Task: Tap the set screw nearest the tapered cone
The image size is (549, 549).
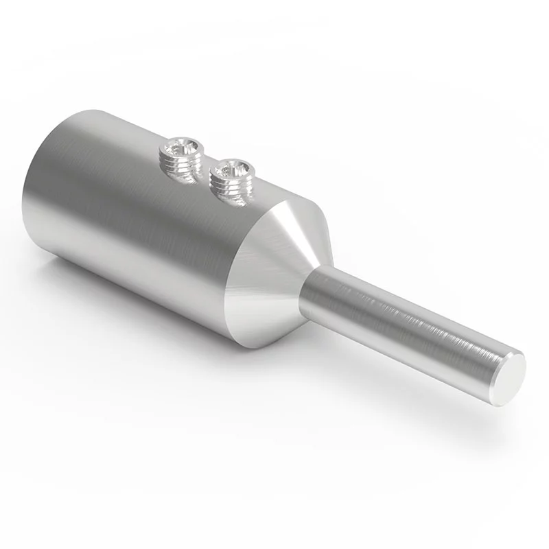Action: (x=231, y=176)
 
